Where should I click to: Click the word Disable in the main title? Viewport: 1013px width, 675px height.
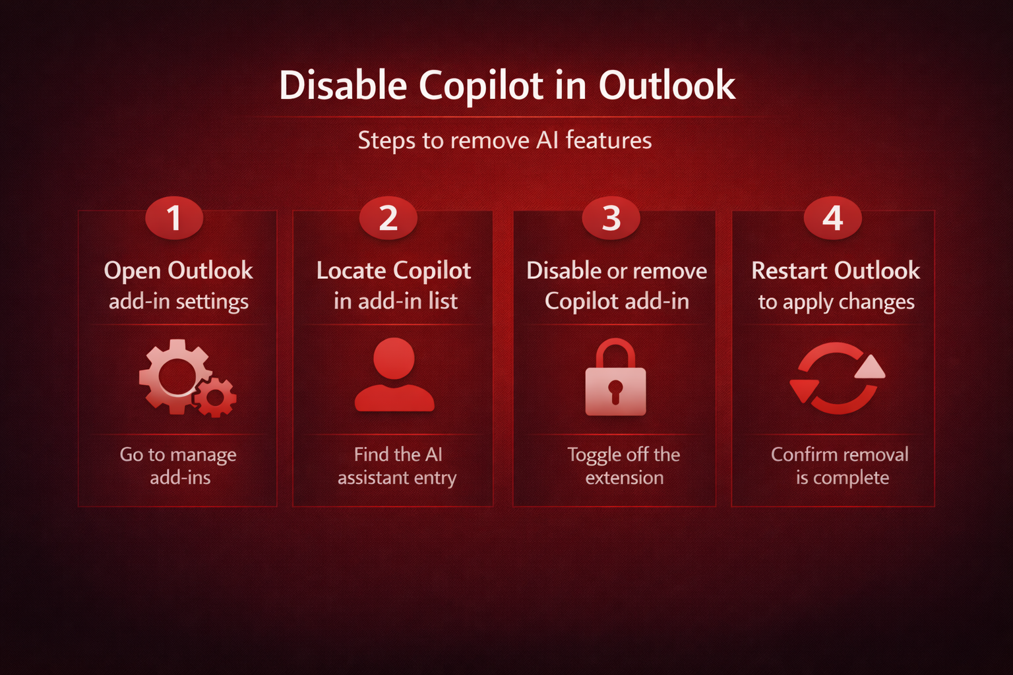coord(343,85)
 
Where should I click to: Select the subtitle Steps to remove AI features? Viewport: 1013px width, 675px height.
coord(505,140)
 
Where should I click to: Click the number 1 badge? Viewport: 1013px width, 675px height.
coord(174,218)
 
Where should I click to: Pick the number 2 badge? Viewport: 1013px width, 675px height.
coord(388,218)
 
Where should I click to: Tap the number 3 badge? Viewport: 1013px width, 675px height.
coord(611,218)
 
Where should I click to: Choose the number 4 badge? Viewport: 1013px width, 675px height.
coord(832,218)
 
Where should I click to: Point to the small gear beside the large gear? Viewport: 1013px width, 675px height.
coord(215,397)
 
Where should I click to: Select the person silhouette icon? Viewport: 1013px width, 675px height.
coord(394,374)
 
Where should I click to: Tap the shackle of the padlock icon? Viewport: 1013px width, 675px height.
coord(615,353)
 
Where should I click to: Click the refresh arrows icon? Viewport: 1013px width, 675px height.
coord(837,378)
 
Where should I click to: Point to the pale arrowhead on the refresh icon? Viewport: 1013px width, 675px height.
coord(871,367)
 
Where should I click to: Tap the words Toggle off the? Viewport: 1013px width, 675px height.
coord(624,455)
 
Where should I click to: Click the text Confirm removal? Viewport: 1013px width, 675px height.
coord(840,454)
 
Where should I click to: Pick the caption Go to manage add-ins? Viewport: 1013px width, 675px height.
coord(178,466)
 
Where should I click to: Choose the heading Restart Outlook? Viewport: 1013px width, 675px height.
coord(836,271)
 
